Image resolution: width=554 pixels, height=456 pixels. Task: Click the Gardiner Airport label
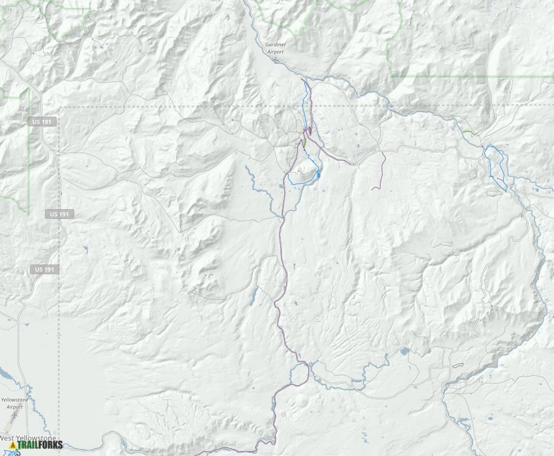coord(276,48)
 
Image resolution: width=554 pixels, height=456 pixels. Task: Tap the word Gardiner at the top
coord(276,44)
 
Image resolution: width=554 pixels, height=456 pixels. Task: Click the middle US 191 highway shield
coord(60,214)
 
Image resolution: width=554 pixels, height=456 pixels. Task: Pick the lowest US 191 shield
coord(43,269)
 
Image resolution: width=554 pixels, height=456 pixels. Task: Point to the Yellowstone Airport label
coord(14,403)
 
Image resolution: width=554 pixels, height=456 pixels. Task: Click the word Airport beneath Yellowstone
coord(14,407)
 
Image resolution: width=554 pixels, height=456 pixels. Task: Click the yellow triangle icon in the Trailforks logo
coord(12,446)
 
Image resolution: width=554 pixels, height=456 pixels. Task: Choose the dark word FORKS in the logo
coord(52,446)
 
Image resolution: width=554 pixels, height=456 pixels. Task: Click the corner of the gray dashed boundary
coord(59,106)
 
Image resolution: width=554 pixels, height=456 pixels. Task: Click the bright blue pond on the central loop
coord(318,175)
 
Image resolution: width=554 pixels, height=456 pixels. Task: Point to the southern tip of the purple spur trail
coord(372,189)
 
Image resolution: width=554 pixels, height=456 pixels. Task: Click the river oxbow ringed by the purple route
coord(300,373)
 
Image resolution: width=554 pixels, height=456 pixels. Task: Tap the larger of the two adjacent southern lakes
coord(404,351)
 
